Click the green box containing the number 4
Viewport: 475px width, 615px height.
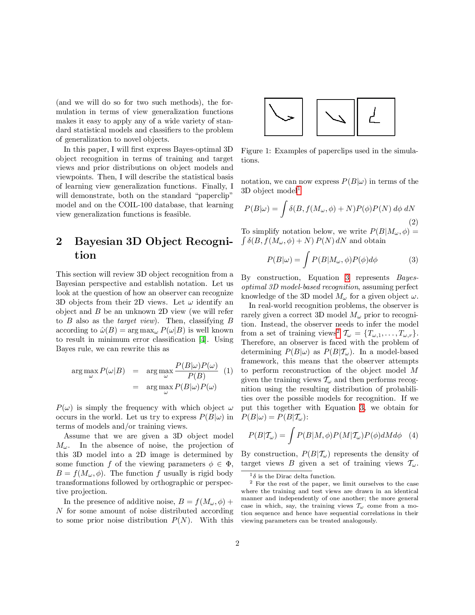(x=202, y=339)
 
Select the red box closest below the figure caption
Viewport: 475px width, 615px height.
(x=299, y=190)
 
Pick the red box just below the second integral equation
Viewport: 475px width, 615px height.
(x=347, y=278)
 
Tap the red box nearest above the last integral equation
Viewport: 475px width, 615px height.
(x=362, y=408)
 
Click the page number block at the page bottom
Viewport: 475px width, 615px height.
(x=238, y=543)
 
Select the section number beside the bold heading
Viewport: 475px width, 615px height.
(x=58, y=243)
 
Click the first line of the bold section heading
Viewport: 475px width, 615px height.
(x=154, y=242)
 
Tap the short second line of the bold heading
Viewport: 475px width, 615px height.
(x=86, y=256)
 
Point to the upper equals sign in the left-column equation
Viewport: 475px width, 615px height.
(x=135, y=371)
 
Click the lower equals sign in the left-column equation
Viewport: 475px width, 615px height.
(x=135, y=388)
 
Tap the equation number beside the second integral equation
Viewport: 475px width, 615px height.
(x=414, y=259)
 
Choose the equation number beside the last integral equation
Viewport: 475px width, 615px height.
(x=414, y=435)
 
